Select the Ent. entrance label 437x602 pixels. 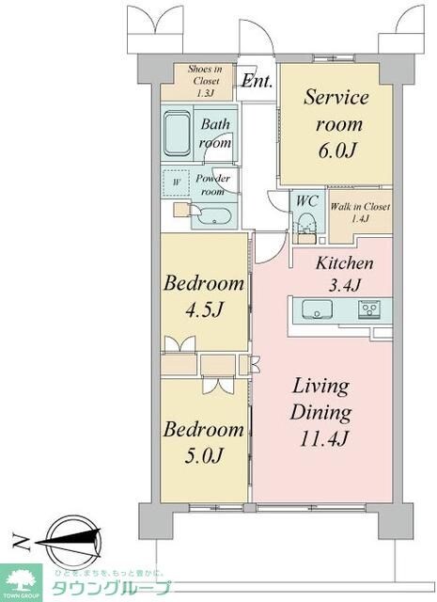click(x=257, y=82)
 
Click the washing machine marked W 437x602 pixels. click(x=176, y=181)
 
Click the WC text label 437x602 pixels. click(x=306, y=200)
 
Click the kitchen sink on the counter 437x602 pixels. click(x=314, y=309)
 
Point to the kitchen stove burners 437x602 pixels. click(x=370, y=308)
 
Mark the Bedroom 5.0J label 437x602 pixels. click(x=205, y=443)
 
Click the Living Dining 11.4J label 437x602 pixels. click(x=320, y=412)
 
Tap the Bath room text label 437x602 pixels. click(x=214, y=134)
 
